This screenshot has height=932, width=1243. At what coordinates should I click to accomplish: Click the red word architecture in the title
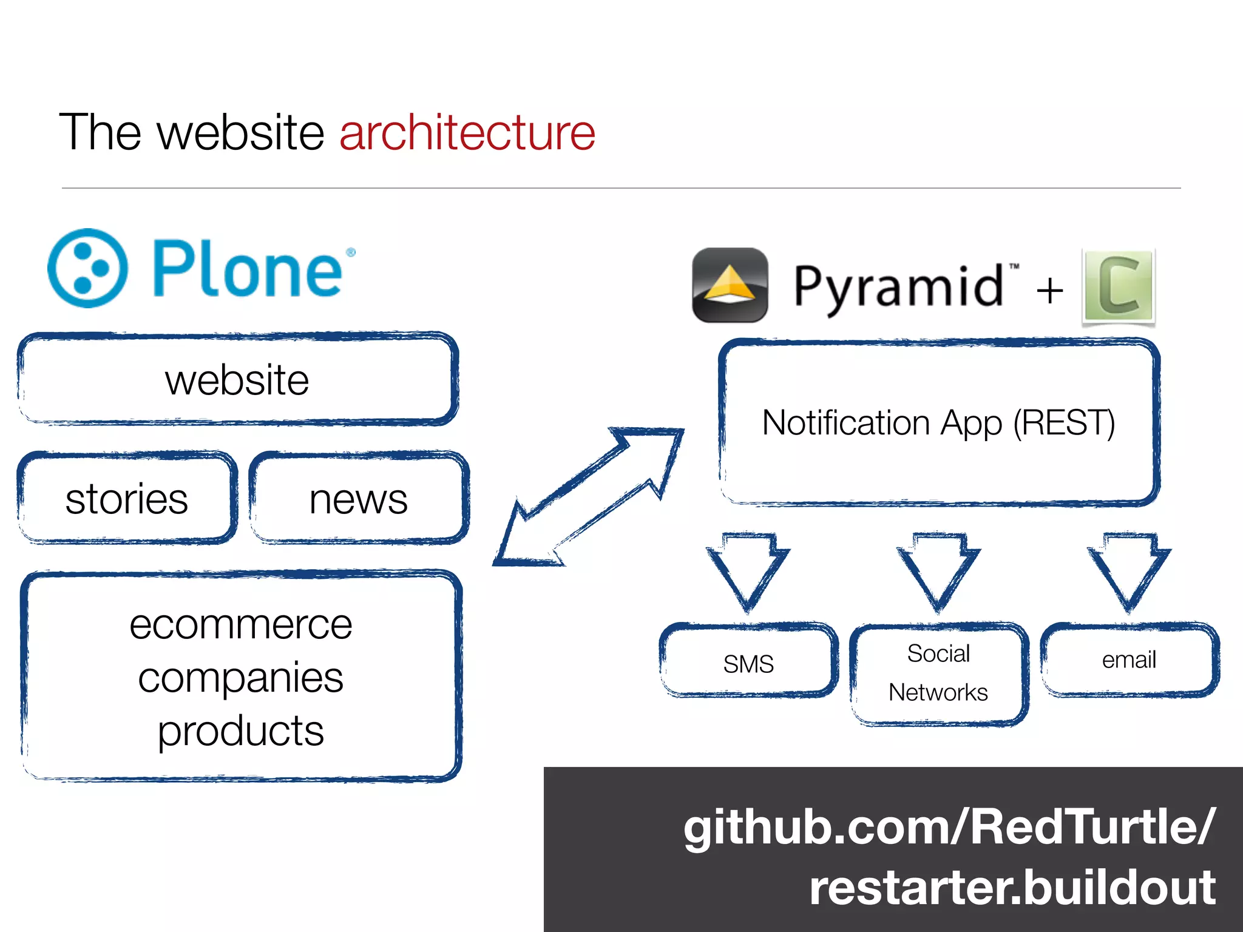(467, 133)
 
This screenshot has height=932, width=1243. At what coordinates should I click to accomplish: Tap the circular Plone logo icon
(88, 268)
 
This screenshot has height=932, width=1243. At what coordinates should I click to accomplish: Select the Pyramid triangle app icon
(730, 285)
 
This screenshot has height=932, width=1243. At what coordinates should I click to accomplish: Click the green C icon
(1119, 286)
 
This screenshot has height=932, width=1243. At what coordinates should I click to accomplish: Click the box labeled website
(237, 380)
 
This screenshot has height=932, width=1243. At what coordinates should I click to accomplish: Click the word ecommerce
(241, 624)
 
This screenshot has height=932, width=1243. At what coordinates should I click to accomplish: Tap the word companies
(241, 678)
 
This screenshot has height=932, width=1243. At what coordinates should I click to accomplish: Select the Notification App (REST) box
(939, 423)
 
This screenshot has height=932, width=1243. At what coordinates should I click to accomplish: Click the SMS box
(748, 663)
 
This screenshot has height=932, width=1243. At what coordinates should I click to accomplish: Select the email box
(1129, 660)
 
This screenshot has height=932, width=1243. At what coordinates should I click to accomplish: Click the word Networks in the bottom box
(938, 692)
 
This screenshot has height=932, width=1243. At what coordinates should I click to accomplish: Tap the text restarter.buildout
(1012, 888)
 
